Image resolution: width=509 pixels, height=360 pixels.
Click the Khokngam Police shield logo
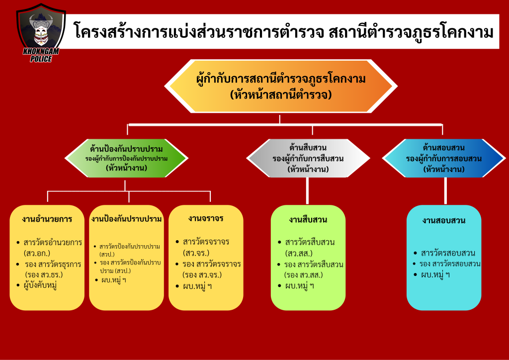(x=41, y=32)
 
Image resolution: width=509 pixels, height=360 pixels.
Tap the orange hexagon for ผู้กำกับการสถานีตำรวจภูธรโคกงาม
(x=281, y=87)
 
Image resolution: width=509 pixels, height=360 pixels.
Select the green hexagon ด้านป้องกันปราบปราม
(x=126, y=159)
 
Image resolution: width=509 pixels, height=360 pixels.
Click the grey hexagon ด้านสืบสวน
(x=308, y=159)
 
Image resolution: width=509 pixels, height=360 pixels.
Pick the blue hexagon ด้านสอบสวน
(x=444, y=159)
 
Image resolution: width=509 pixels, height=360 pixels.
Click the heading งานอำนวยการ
(x=47, y=219)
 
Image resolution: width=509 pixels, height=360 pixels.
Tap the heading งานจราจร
(x=206, y=218)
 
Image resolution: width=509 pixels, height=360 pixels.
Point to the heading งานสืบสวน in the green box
(x=308, y=220)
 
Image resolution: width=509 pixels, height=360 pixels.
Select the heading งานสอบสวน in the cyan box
(x=444, y=221)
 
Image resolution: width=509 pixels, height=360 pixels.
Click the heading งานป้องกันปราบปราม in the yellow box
(x=126, y=219)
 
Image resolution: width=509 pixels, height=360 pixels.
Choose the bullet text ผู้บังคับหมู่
(x=40, y=285)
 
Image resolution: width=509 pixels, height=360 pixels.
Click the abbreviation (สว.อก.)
(x=37, y=253)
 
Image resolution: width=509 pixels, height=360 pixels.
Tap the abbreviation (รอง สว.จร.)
(x=202, y=275)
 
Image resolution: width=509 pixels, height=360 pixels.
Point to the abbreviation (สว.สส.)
(x=299, y=253)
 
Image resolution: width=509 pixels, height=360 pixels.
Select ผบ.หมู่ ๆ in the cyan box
(x=435, y=275)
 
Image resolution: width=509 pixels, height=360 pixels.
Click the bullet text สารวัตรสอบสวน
(x=448, y=253)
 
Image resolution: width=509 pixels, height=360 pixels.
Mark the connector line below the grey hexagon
(x=307, y=191)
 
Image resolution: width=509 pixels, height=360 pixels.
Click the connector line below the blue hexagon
(x=445, y=191)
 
